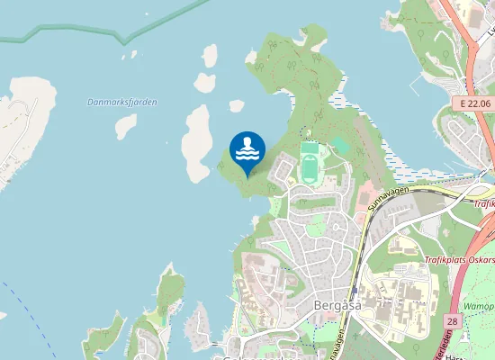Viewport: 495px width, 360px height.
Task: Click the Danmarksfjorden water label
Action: [x=122, y=102]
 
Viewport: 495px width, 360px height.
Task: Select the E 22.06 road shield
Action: [x=473, y=103]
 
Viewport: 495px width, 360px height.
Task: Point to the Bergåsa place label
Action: [x=337, y=304]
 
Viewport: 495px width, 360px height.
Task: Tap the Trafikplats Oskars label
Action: [x=458, y=261]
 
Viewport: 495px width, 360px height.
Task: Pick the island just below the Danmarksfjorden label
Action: [x=125, y=125]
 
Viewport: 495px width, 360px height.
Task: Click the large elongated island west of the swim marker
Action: [x=196, y=141]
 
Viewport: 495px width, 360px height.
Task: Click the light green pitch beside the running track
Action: [x=340, y=145]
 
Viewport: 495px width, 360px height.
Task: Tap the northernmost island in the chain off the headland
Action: [x=210, y=56]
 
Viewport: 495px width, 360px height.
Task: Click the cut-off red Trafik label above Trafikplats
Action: [x=484, y=203]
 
